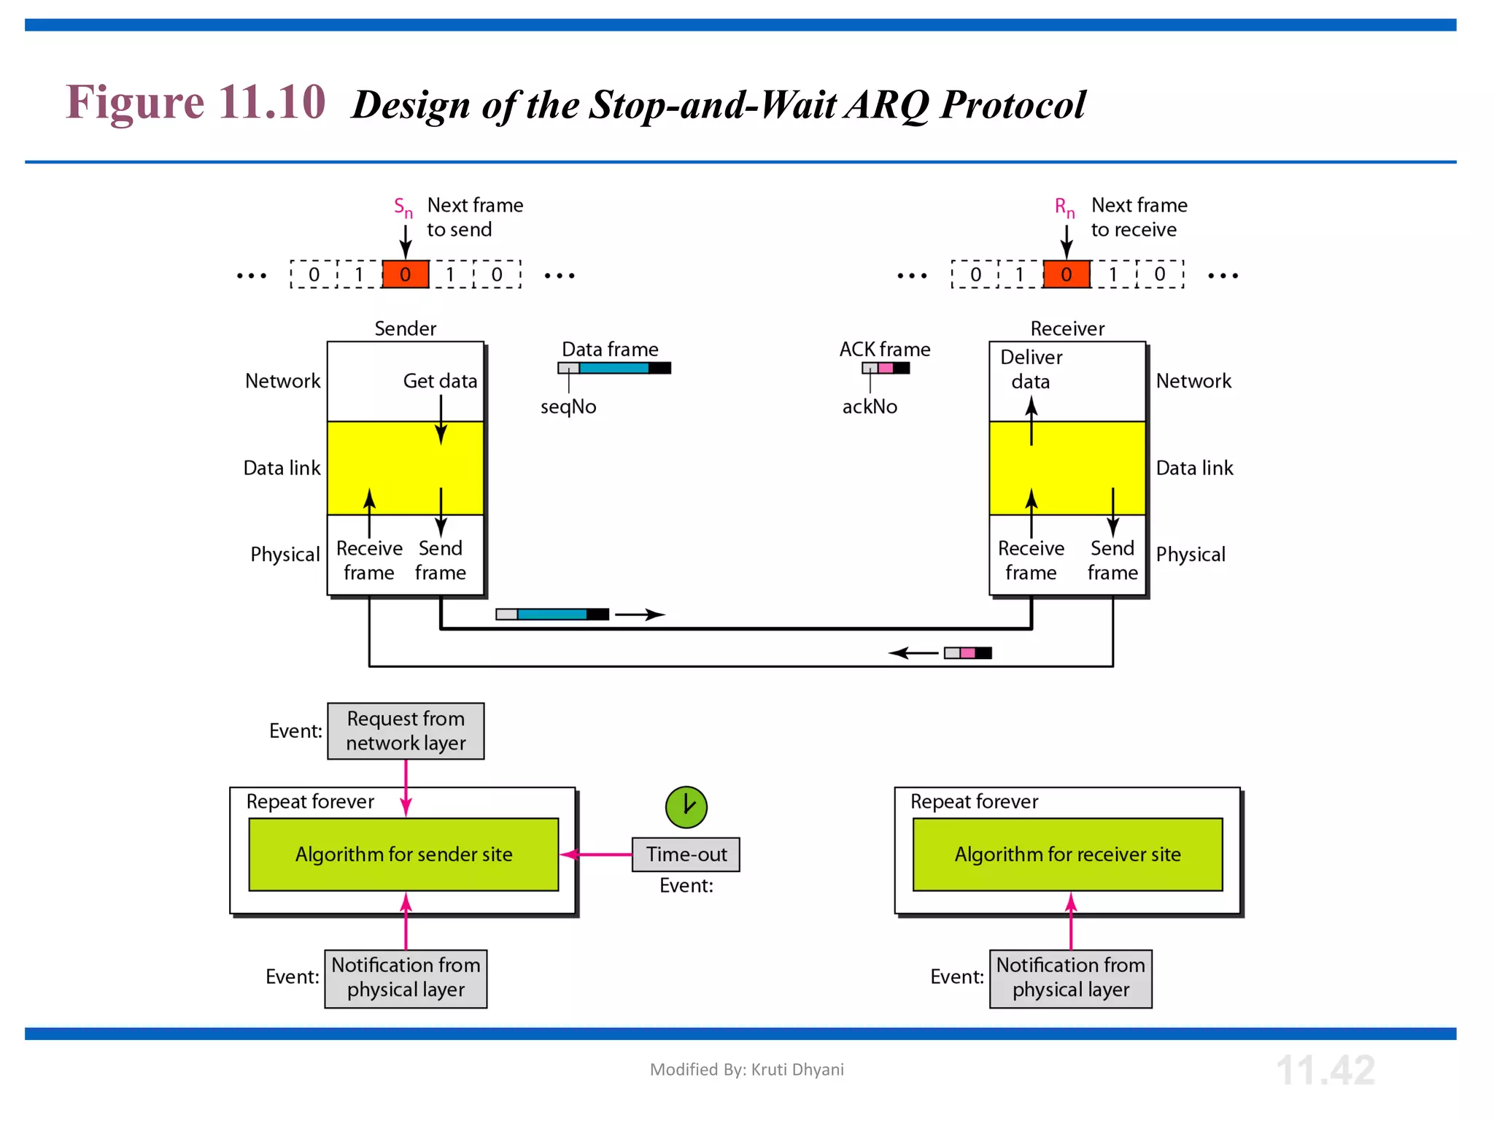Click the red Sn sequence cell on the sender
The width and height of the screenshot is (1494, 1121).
pos(406,274)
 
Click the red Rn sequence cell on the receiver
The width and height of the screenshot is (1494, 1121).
pos(1066,274)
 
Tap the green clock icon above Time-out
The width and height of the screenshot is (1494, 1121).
pos(686,806)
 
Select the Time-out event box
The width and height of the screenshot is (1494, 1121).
pos(686,854)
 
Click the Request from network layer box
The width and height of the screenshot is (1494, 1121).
pos(406,731)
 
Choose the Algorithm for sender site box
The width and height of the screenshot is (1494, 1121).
pos(403,854)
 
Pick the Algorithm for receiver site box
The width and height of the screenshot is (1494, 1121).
pos(1067,854)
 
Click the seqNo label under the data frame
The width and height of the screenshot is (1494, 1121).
pos(568,407)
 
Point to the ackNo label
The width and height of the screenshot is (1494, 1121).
pos(870,407)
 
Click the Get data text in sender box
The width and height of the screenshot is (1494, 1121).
pos(440,381)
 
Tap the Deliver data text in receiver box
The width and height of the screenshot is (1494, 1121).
pos(1031,369)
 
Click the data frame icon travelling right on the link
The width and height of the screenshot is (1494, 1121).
pos(552,614)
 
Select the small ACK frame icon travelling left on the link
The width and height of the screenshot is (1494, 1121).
pos(967,652)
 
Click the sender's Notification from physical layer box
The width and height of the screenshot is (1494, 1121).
pos(406,978)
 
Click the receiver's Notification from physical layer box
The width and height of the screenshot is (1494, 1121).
pos(1070,978)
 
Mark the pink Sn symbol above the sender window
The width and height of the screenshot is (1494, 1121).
pos(403,207)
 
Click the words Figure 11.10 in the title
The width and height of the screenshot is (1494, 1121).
pos(196,102)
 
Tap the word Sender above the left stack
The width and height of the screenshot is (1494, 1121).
pos(405,328)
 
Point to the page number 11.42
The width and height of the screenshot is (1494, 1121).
pos(1325,1070)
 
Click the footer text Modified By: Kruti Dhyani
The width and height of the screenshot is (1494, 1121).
pos(746,1069)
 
